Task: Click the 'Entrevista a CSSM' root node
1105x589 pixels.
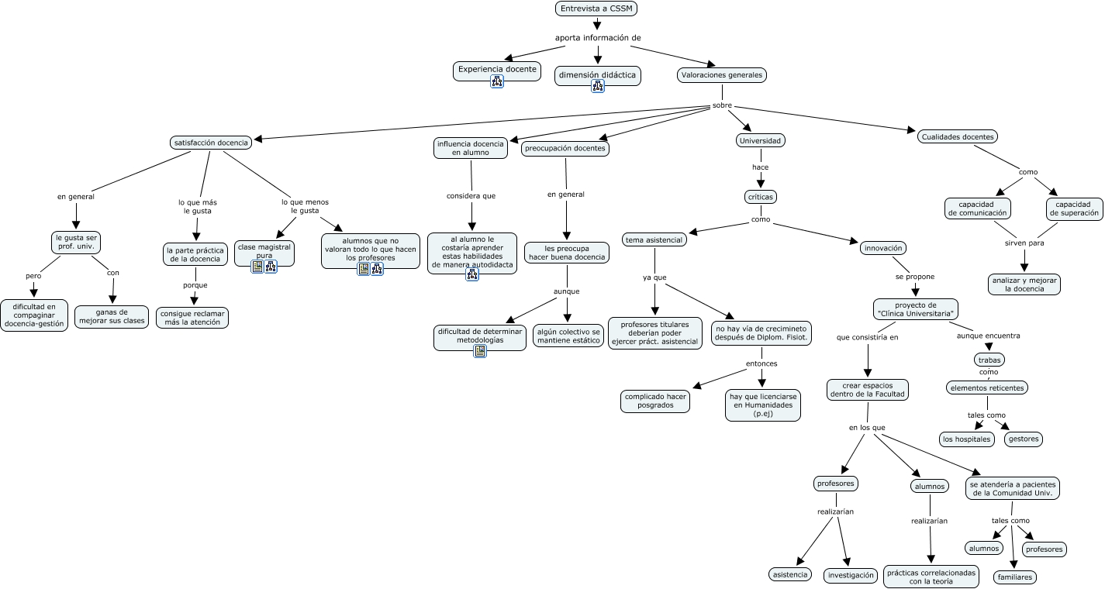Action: pyautogui.click(x=596, y=9)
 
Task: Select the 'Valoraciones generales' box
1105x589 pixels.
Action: pyautogui.click(x=721, y=75)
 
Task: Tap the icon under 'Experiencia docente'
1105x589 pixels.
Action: pyautogui.click(x=497, y=81)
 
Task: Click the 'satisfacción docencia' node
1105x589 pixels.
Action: pyautogui.click(x=211, y=143)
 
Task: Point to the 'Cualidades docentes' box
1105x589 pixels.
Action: pyautogui.click(x=957, y=136)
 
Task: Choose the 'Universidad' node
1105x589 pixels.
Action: pyautogui.click(x=760, y=140)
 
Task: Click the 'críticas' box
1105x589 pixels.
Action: pyautogui.click(x=760, y=197)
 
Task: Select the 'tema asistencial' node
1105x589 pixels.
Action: pyautogui.click(x=654, y=239)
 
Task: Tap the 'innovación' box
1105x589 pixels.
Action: pyautogui.click(x=882, y=248)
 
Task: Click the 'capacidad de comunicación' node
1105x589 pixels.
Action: pyautogui.click(x=977, y=208)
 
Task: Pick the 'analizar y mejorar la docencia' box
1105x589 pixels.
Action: pyautogui.click(x=1024, y=284)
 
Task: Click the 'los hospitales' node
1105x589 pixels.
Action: pyautogui.click(x=966, y=439)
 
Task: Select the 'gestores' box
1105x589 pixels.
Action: pyautogui.click(x=1023, y=439)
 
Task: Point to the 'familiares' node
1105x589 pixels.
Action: pyautogui.click(x=1014, y=577)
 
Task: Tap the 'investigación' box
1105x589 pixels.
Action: pyautogui.click(x=850, y=575)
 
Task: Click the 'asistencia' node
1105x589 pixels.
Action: pyautogui.click(x=790, y=574)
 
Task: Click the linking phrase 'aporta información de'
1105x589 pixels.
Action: pyautogui.click(x=598, y=37)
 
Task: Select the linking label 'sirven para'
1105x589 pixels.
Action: pyautogui.click(x=1024, y=243)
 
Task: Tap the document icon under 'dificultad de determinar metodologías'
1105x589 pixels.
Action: pyautogui.click(x=480, y=351)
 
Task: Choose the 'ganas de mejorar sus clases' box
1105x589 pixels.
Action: pyautogui.click(x=112, y=316)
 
